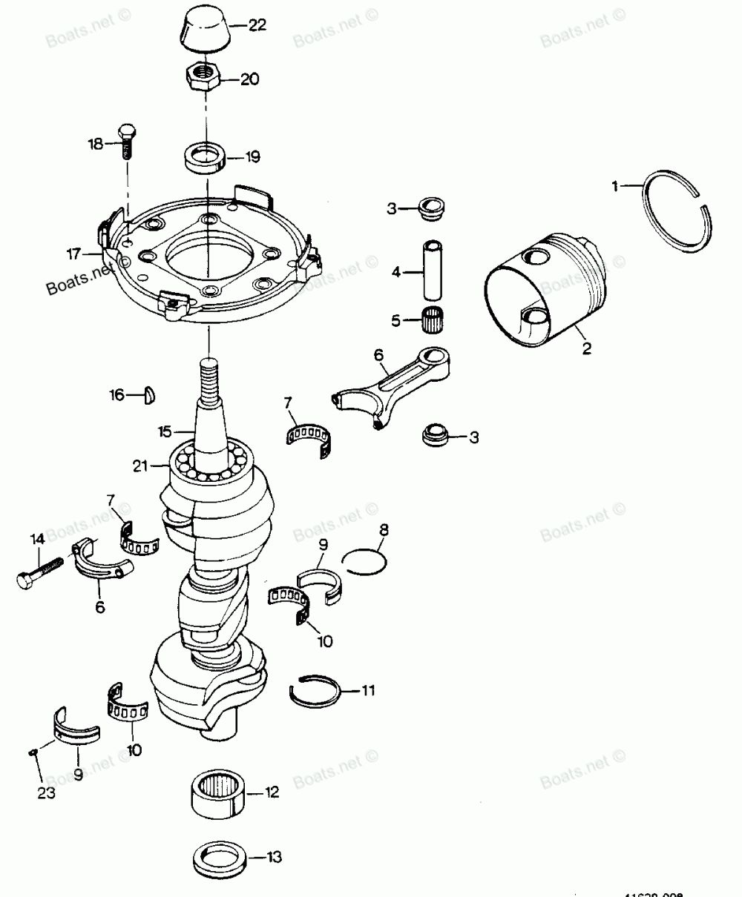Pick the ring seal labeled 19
[203, 158]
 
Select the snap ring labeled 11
[314, 692]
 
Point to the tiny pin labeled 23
[33, 752]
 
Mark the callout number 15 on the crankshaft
[165, 430]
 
